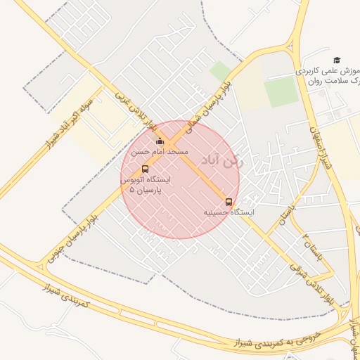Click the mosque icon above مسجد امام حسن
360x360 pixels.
160,141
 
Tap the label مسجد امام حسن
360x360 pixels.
160,152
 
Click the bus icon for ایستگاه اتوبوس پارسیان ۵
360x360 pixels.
145,169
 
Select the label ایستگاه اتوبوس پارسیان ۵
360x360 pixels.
146,185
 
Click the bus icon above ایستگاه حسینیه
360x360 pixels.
229,202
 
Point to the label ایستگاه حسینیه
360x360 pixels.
229,212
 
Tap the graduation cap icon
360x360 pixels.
337,60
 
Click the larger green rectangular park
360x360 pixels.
282,92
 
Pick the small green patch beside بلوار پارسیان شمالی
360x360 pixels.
220,70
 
